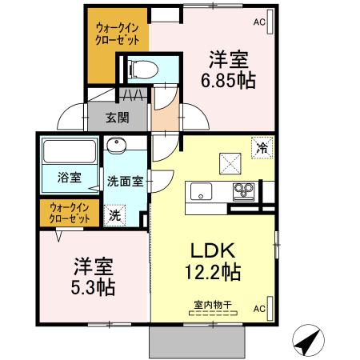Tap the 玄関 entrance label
coord(118,118)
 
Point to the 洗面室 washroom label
coord(126,181)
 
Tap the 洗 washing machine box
coord(115,214)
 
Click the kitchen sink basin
coord(200,191)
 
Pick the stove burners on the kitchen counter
coord(242,191)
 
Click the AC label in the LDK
coord(260,307)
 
